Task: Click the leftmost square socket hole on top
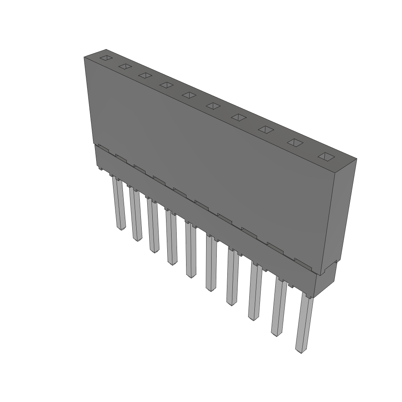coord(106,58)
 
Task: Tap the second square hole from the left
coord(125,66)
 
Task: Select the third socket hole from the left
coord(145,75)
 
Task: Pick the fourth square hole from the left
coord(166,85)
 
